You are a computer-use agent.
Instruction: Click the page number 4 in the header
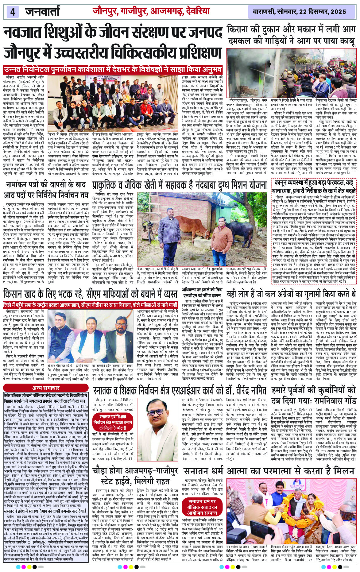click(x=13, y=12)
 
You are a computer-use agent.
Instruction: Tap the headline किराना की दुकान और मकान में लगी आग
click(x=292, y=30)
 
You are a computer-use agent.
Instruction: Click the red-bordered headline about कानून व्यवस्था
click(x=313, y=186)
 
